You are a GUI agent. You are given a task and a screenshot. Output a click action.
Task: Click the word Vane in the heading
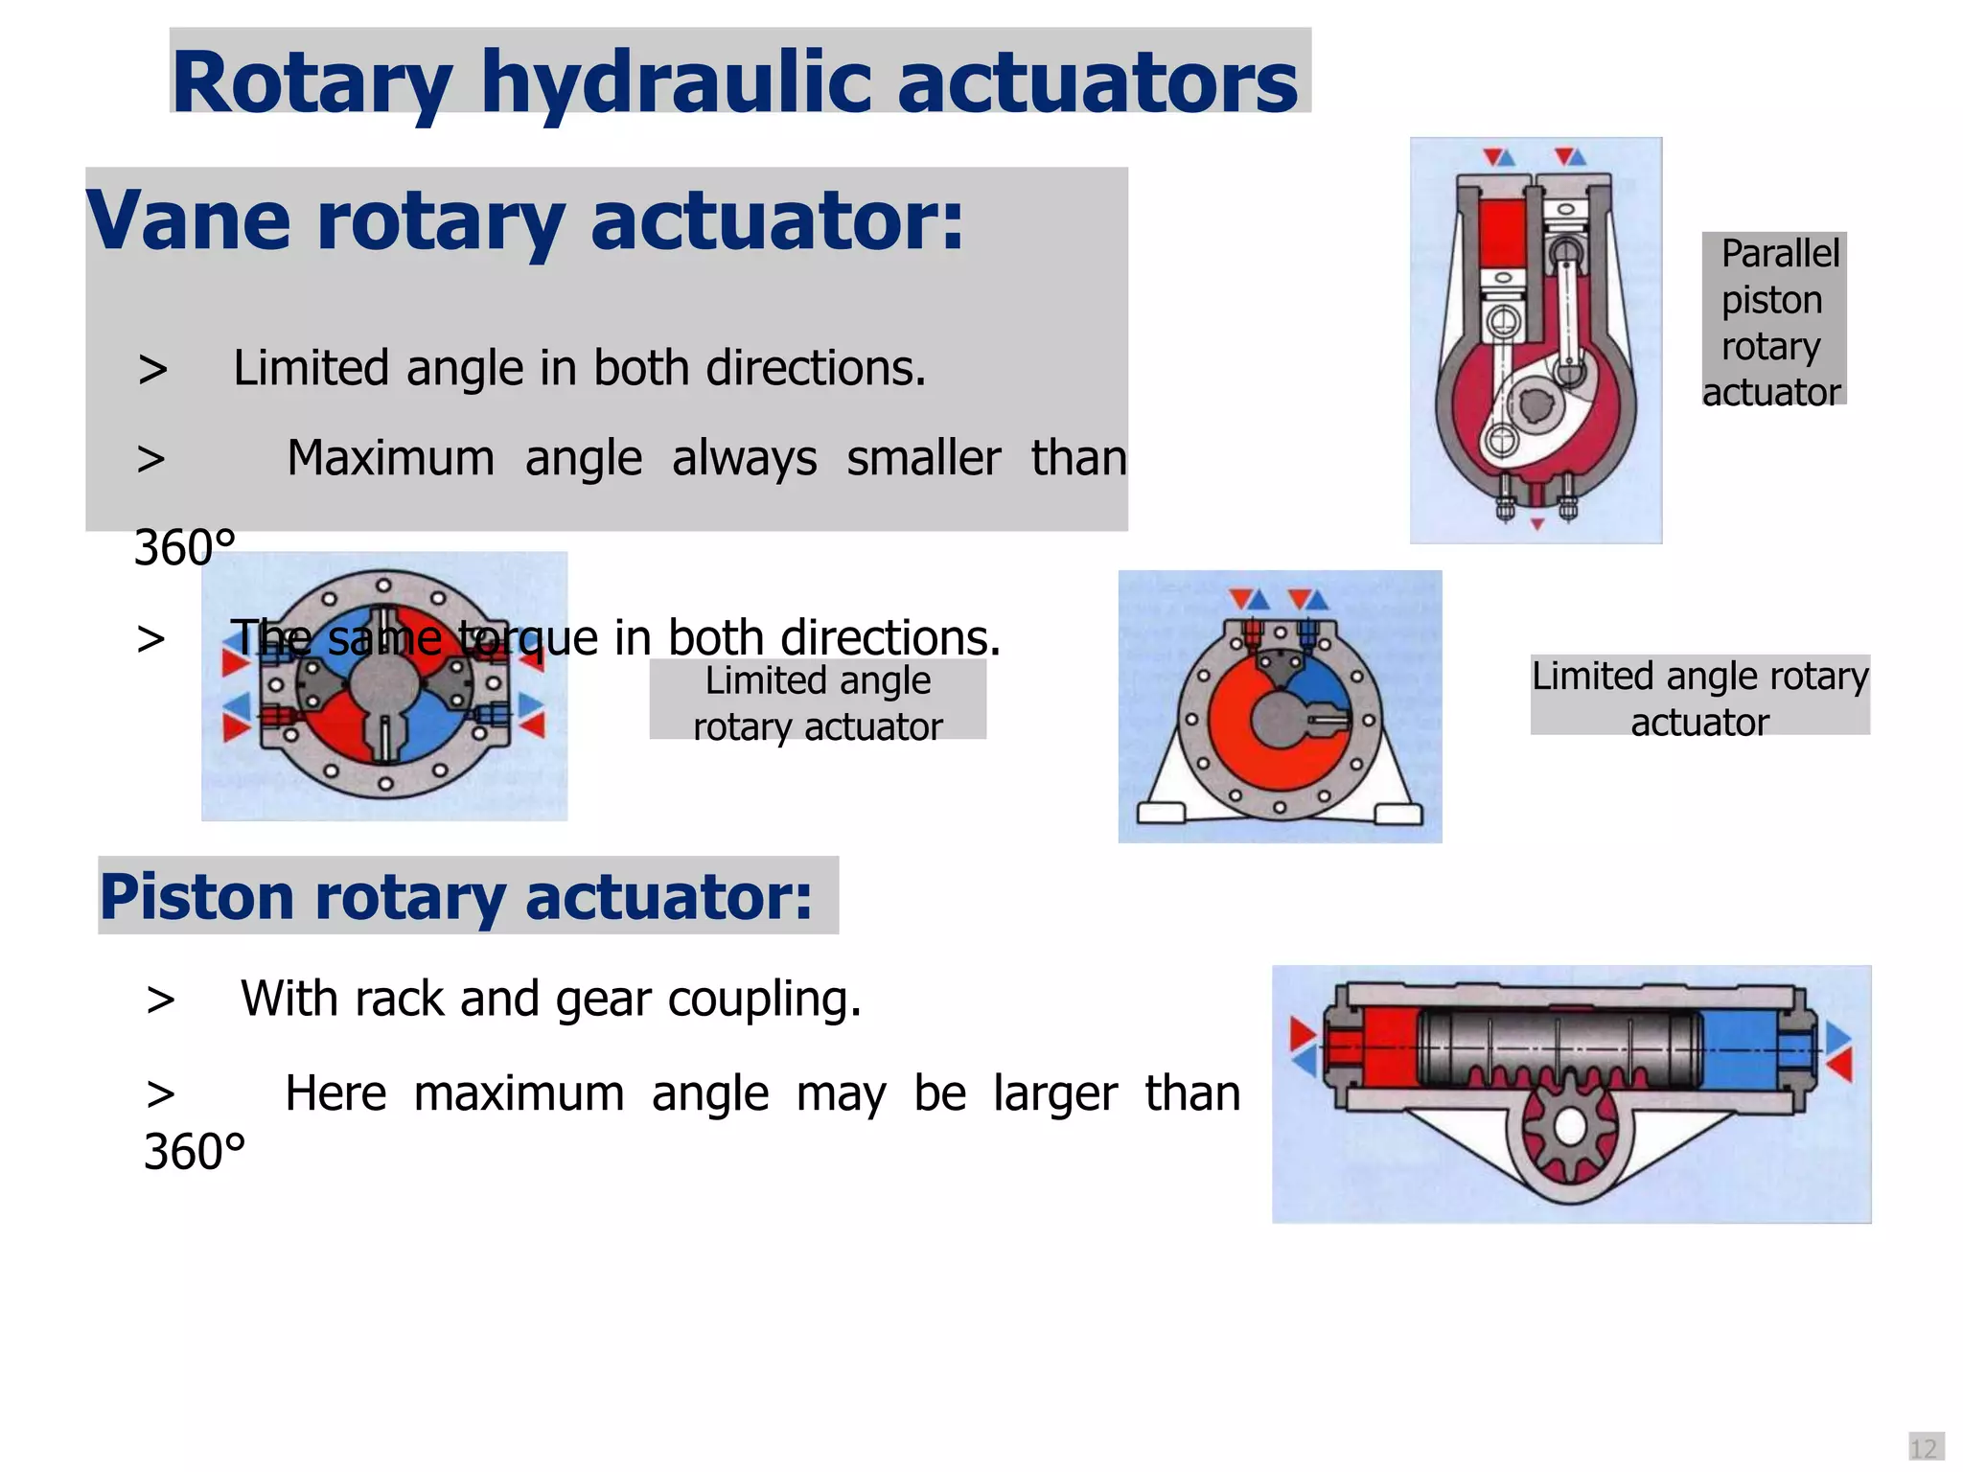[x=188, y=220]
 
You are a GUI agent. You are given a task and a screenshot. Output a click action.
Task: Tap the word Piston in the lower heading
[x=196, y=897]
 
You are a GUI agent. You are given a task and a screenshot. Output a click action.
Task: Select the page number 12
[x=1924, y=1448]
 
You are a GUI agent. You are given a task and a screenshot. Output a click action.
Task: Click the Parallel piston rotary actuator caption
[x=1774, y=322]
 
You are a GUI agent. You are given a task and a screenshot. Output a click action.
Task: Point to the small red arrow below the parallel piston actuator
[x=1537, y=524]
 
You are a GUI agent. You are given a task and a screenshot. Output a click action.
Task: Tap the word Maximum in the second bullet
[x=390, y=458]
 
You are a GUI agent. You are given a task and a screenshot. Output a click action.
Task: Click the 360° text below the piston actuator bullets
[x=195, y=1152]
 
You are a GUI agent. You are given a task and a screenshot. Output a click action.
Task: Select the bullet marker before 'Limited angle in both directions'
[x=152, y=369]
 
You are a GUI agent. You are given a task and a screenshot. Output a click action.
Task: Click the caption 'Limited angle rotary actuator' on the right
[x=1699, y=698]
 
